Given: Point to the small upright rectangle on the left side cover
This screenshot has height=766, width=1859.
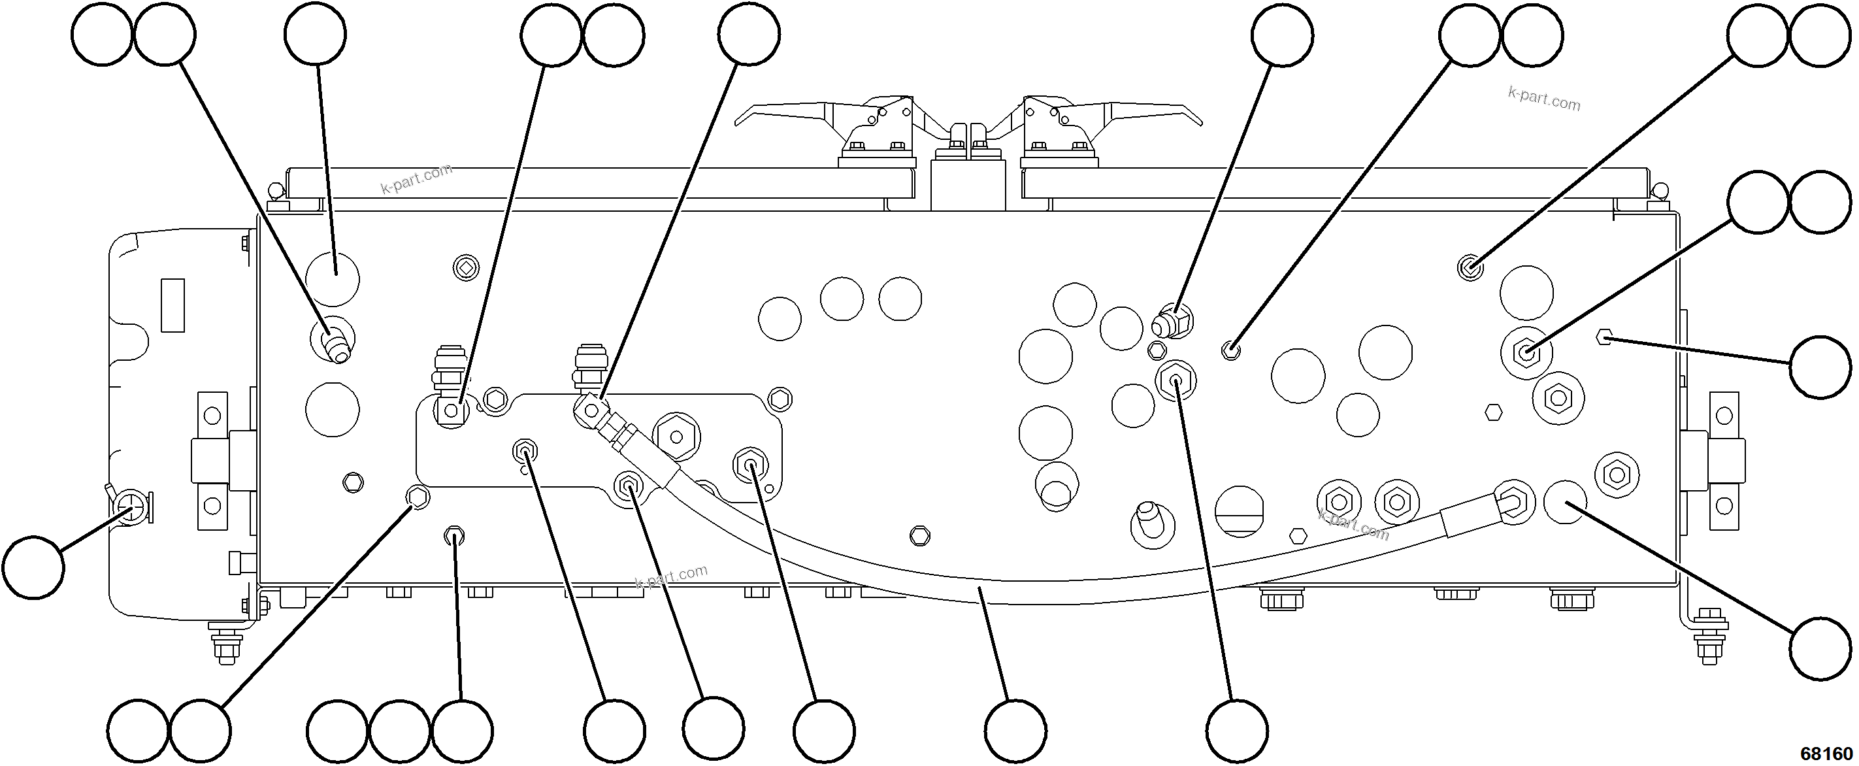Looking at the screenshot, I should (173, 305).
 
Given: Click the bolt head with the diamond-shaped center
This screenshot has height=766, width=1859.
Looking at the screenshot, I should (466, 269).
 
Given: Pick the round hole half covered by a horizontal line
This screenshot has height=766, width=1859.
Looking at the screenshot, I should (1239, 511).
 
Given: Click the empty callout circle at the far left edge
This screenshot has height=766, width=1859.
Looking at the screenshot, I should (33, 567).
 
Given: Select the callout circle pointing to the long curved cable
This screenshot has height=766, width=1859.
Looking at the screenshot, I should (1015, 729).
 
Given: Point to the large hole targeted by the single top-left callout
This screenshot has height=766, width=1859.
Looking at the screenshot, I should (332, 277).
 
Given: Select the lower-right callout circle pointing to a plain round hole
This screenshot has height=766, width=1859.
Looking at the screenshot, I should (1820, 648).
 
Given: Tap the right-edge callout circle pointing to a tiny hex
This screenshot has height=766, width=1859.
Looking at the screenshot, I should (1820, 367).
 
